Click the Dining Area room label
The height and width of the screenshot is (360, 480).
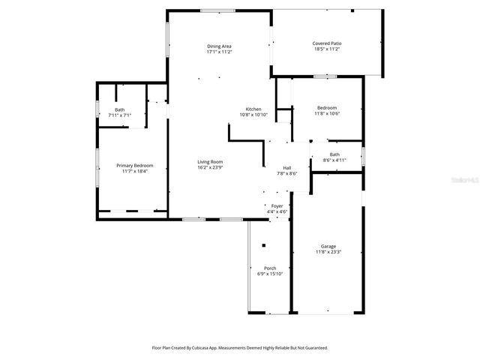[219, 46]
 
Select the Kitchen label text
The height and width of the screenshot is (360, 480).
[250, 109]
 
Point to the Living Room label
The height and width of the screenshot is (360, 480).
[210, 162]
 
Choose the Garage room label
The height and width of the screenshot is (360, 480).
[328, 246]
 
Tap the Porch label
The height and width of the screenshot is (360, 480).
[270, 268]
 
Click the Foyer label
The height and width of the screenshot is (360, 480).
[277, 205]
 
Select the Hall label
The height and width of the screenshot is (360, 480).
[286, 167]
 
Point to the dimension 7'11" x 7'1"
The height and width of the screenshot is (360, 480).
[120, 115]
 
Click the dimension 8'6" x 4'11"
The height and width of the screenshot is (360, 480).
[334, 160]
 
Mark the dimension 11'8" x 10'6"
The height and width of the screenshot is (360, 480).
[326, 114]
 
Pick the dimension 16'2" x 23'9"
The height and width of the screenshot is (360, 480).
[210, 168]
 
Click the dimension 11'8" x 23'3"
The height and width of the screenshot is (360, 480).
[328, 252]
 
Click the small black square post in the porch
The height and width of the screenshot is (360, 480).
[263, 246]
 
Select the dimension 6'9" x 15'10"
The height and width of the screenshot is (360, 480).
[270, 274]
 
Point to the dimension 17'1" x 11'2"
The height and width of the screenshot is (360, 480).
[219, 52]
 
